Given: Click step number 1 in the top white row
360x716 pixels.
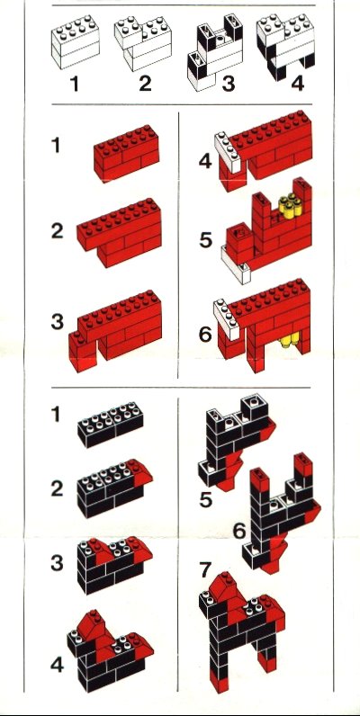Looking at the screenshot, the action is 75,84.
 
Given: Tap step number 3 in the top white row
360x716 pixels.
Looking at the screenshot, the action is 228,84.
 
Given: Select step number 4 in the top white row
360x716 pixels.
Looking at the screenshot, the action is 297,84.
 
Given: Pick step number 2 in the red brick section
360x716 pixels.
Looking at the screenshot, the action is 57,231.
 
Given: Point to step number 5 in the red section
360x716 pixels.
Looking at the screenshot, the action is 205,240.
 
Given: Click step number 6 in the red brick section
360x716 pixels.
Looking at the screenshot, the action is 205,335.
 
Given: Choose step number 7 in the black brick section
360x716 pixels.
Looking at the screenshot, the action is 205,569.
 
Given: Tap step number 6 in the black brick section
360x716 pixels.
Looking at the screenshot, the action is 239,531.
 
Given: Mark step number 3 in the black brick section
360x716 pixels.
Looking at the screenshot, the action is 57,563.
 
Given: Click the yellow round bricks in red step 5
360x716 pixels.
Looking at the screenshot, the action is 289,206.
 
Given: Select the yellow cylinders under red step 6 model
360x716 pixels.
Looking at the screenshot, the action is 290,340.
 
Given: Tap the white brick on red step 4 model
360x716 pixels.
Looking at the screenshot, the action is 228,152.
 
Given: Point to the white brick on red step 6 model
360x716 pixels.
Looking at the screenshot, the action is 227,318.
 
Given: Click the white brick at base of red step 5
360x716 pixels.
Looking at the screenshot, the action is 235,264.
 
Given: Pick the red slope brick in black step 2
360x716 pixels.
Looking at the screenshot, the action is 142,470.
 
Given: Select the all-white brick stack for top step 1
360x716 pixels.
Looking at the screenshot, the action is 76,42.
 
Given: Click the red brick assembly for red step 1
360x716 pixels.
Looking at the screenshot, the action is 127,153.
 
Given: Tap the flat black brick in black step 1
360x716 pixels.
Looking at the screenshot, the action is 110,424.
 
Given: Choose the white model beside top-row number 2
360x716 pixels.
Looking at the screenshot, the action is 143,43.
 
